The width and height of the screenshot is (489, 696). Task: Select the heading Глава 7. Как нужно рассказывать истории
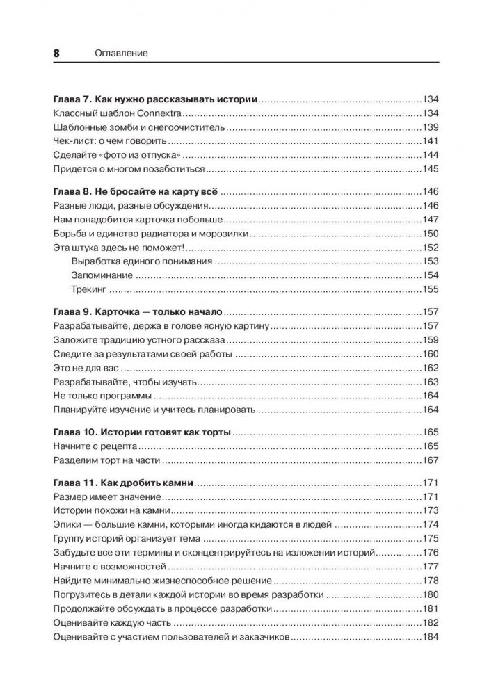point(155,99)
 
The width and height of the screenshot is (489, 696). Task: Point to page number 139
point(431,128)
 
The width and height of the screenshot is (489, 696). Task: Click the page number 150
point(431,235)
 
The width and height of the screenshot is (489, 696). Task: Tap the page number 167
point(431,460)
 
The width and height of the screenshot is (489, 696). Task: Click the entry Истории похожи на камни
point(102,511)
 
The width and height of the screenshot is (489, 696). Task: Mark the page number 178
point(431,581)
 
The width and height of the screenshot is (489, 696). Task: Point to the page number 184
point(431,638)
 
